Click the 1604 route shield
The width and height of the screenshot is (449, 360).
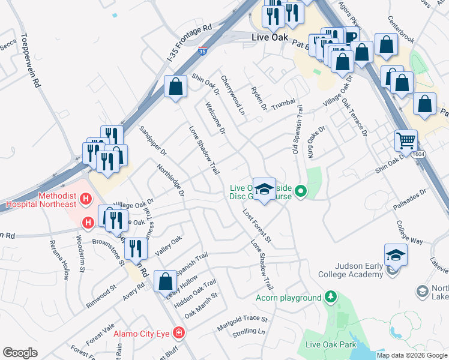(418, 155)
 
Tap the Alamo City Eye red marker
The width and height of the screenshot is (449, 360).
(178, 332)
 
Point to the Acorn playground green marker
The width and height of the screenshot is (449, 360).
(330, 297)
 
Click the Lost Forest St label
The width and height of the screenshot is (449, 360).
(258, 226)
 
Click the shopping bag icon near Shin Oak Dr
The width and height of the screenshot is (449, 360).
(175, 88)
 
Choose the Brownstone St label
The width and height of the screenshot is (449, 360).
(107, 252)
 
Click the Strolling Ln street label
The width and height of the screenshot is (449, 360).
(249, 332)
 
